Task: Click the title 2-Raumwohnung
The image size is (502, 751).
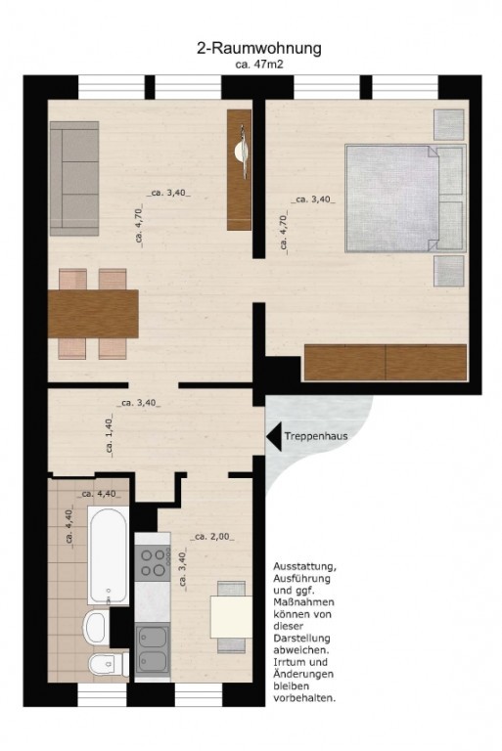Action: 259,49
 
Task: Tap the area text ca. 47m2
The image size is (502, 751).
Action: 259,65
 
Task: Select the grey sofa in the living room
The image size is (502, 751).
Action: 74,178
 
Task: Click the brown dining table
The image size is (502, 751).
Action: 94,314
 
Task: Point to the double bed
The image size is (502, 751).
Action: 405,199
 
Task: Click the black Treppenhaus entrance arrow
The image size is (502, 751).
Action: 274,436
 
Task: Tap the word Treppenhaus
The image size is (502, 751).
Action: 316,436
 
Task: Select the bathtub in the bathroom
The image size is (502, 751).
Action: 108,555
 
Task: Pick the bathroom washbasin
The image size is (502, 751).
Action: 96,627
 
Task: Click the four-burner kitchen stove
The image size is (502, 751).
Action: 153,563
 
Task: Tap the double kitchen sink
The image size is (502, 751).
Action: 153,649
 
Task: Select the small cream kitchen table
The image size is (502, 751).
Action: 231,617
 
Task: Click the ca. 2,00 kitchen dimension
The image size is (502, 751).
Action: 212,537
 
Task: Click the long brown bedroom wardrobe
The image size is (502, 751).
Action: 386,362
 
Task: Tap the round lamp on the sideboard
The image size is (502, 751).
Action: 241,152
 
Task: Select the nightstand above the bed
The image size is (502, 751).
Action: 449,124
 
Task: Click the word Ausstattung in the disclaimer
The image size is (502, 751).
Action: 305,566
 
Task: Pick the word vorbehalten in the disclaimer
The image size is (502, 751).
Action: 304,698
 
